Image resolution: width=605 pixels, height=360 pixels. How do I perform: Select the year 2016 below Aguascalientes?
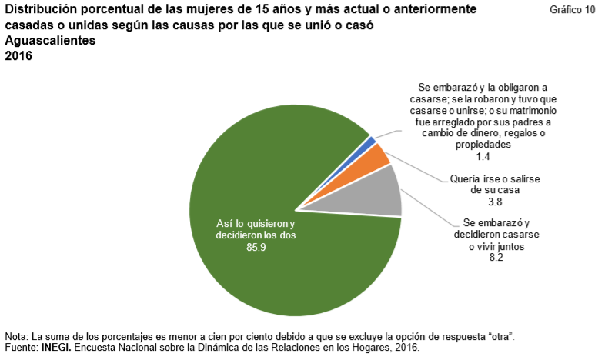(18, 56)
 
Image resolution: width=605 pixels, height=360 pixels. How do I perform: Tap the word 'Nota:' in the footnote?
(17, 337)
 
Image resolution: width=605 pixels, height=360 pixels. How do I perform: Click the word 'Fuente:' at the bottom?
(22, 348)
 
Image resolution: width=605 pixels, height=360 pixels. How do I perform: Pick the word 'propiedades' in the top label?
(483, 145)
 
